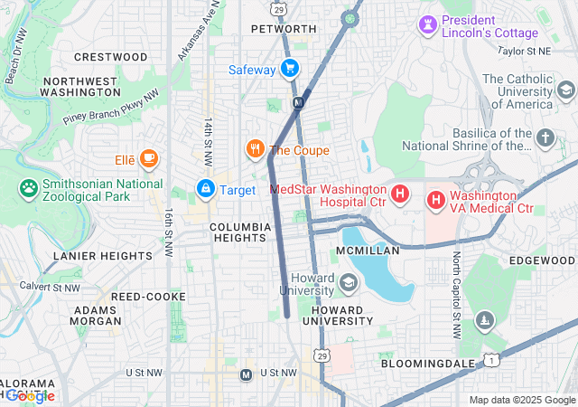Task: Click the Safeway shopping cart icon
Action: click(x=289, y=68)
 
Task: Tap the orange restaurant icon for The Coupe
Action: click(x=256, y=149)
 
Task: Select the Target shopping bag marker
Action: click(x=205, y=189)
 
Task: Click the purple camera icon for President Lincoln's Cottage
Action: click(x=426, y=24)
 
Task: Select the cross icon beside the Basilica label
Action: click(x=545, y=137)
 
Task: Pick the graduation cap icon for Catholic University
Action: click(x=565, y=90)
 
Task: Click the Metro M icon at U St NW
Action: click(x=246, y=374)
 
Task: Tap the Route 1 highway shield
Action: click(x=489, y=360)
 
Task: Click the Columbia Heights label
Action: click(x=240, y=232)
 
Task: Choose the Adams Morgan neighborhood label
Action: click(x=95, y=316)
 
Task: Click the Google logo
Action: click(x=32, y=395)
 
